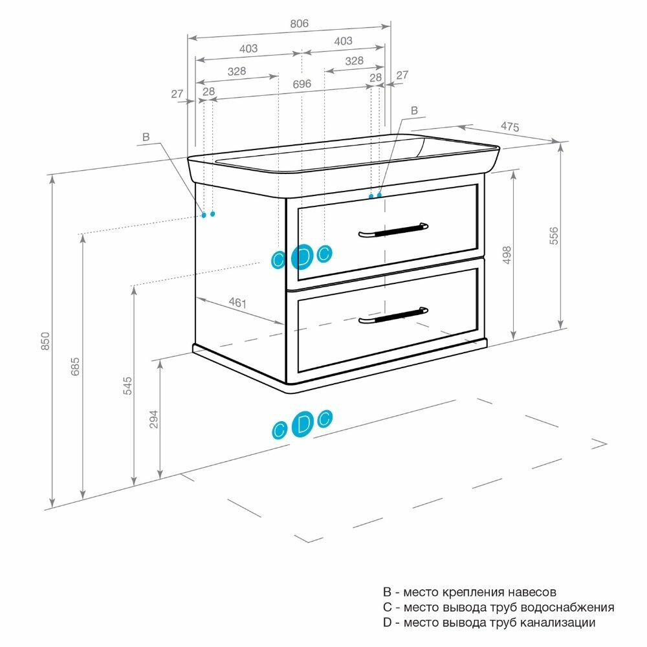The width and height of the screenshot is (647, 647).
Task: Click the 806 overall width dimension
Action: coord(299,23)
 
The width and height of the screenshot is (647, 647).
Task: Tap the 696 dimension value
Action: coord(302,84)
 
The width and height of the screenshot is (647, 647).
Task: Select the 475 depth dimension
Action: coord(510,127)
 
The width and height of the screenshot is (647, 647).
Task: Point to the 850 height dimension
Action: coord(45,341)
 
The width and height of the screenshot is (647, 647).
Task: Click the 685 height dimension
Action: coord(75,366)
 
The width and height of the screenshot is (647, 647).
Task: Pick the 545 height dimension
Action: coord(127,386)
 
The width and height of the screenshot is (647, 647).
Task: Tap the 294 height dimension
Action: coord(153,419)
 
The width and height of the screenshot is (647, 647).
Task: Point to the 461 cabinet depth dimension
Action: coord(238,302)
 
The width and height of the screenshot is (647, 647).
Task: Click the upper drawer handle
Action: coord(393,230)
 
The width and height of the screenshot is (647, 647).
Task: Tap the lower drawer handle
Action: coord(393,315)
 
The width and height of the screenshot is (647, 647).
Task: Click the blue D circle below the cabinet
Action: coord(302,425)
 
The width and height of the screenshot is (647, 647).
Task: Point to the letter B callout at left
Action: coord(146,137)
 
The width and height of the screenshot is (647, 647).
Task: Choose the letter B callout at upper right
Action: coord(415,110)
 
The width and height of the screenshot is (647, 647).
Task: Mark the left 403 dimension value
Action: coord(248,49)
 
